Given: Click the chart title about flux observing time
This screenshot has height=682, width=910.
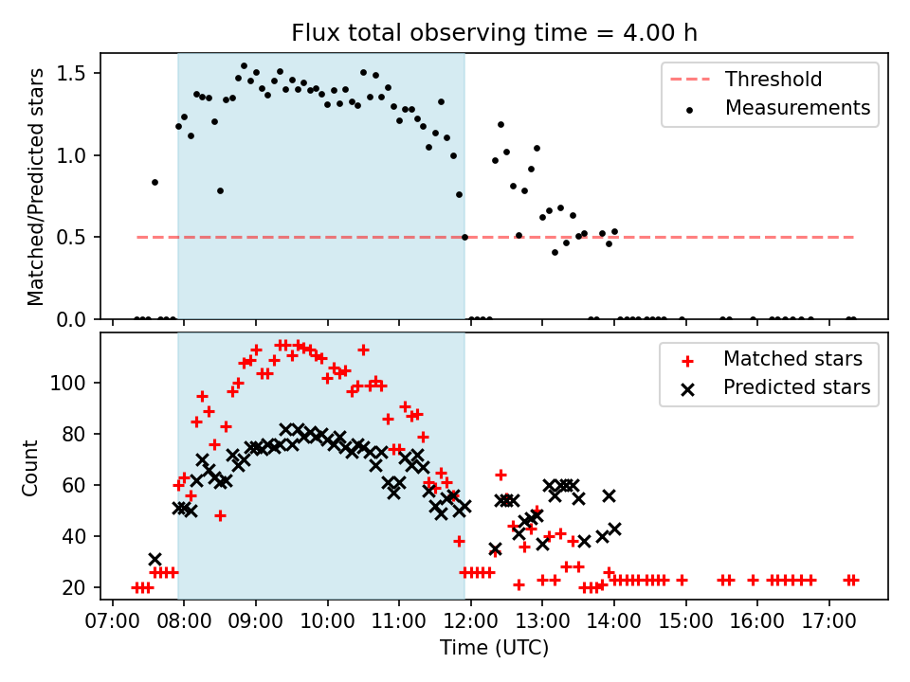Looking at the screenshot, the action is point(494,33).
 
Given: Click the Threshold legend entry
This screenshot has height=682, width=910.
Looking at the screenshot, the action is point(746,79).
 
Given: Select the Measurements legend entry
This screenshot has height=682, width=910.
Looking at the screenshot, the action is point(777,108).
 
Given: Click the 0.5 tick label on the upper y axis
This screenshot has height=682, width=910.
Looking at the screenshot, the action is point(71,237).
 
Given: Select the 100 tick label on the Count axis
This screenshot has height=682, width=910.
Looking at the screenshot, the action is point(68,383).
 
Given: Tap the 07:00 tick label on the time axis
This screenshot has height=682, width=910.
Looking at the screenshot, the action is point(113,621).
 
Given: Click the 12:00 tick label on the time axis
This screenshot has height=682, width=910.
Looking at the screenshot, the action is point(471,621).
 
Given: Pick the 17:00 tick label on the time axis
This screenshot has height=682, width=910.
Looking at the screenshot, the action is point(828,621).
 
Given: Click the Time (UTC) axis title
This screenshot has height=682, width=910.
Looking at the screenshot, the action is point(494,647).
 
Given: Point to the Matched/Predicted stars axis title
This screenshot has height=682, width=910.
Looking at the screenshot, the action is point(35,187).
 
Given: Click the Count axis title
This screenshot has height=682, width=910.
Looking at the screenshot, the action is point(29,468).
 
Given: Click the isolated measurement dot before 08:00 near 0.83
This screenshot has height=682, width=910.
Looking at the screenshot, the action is point(155,182).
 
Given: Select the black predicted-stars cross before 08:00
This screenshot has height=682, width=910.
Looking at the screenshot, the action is point(155,559).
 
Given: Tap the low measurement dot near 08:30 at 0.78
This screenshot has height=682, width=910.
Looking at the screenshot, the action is point(220,190).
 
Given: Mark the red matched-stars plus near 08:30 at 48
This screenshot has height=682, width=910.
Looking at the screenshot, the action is point(220,515).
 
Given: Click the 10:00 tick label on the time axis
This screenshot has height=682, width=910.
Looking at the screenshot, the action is point(327,621).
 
